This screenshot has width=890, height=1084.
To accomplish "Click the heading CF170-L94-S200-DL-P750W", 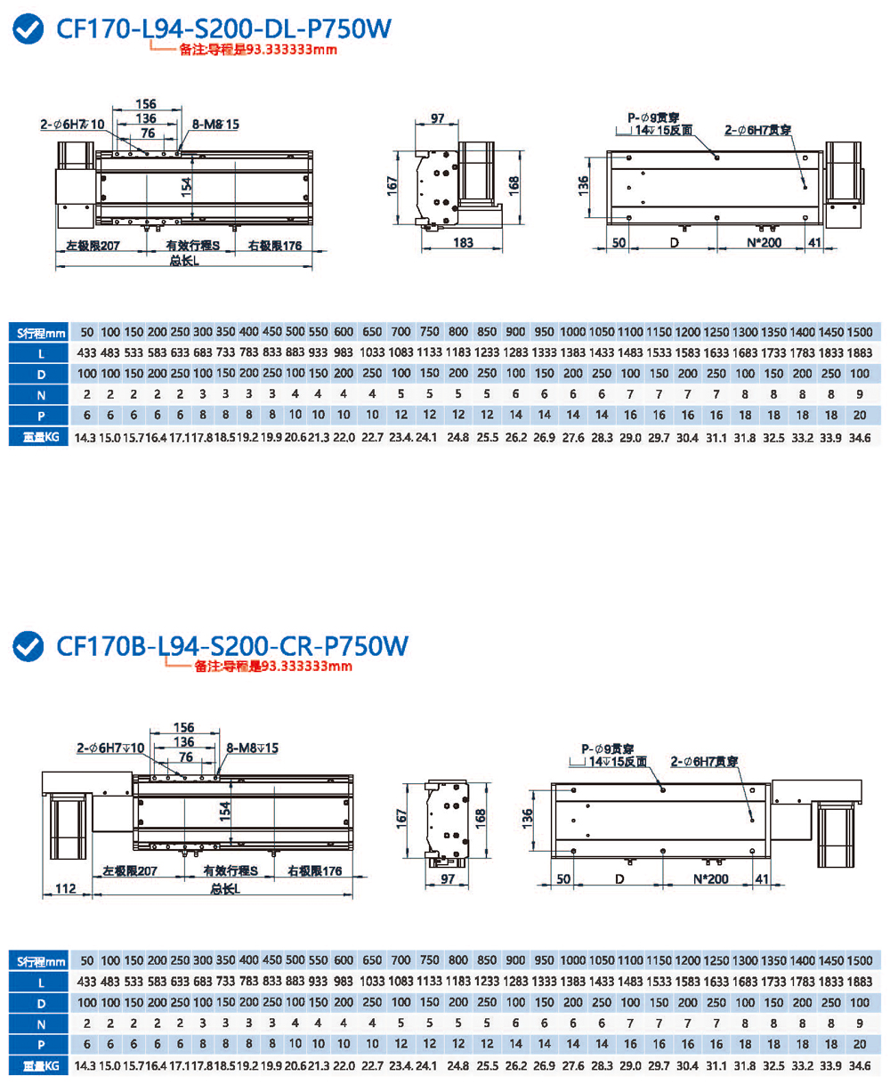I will click(x=222, y=28).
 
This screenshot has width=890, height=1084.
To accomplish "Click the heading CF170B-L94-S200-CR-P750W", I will click(x=231, y=645).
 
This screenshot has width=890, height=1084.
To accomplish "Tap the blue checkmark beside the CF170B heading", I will click(x=30, y=646).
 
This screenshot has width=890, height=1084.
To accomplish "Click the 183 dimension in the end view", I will click(x=463, y=244).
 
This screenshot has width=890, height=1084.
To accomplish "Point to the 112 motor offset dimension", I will click(x=64, y=887).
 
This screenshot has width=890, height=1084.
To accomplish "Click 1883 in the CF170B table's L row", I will click(x=859, y=982).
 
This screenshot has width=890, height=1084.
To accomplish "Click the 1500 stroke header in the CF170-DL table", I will click(x=859, y=331).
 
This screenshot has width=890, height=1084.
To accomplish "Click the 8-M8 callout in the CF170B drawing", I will click(x=253, y=748).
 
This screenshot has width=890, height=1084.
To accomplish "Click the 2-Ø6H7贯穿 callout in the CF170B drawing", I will click(x=706, y=762).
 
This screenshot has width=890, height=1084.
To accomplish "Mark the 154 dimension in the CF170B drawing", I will click(x=226, y=811).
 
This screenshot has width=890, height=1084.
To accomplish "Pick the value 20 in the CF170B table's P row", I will click(x=859, y=1043).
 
